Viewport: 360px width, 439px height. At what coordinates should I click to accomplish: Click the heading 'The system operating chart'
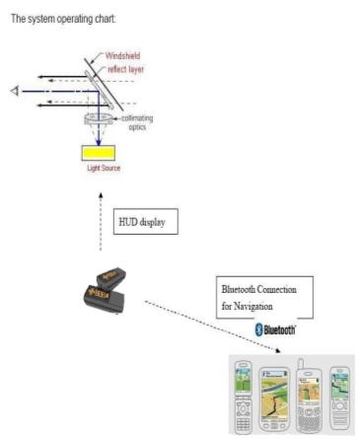tap(63, 19)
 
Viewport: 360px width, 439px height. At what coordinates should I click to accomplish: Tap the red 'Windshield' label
tap(122, 55)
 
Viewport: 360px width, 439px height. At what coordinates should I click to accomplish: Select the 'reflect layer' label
tap(126, 69)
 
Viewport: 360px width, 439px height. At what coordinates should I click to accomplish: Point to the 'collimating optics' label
tap(137, 122)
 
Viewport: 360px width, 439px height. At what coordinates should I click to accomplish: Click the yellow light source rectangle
tap(99, 153)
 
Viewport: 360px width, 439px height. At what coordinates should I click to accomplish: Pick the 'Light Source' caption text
tap(104, 168)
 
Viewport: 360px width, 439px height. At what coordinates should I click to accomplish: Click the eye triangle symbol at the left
tap(15, 91)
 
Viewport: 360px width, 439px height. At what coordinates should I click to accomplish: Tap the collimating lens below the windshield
tap(99, 118)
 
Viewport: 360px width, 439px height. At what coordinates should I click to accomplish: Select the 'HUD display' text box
tap(146, 222)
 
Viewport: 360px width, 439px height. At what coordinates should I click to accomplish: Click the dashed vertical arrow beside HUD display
tap(101, 222)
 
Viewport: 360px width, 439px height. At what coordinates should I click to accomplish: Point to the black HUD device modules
tap(106, 289)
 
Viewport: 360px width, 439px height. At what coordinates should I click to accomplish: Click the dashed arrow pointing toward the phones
tap(212, 327)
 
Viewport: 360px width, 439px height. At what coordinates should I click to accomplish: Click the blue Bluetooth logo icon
tap(259, 329)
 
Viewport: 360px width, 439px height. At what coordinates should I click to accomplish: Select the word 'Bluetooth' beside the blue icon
tap(280, 329)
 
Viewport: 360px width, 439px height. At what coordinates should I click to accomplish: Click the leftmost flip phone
tap(244, 396)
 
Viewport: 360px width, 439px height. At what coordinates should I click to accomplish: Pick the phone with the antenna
tap(309, 398)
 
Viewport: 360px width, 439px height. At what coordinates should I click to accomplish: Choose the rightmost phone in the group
tap(340, 398)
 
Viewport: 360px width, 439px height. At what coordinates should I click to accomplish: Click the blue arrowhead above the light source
tap(99, 142)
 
